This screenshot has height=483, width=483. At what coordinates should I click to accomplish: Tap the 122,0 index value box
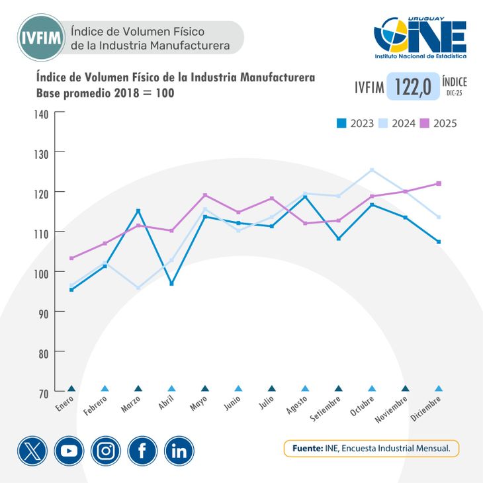tap(413, 87)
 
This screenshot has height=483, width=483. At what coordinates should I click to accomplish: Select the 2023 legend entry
tap(355, 123)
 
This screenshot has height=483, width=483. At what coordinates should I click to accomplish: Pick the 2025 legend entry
tap(439, 123)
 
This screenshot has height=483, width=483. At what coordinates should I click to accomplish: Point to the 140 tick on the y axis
tap(42, 113)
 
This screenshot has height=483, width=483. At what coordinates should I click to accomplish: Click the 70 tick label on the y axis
tap(42, 393)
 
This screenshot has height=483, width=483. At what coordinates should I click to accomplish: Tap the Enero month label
tap(65, 405)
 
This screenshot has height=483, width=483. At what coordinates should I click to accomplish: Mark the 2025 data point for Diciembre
tap(439, 183)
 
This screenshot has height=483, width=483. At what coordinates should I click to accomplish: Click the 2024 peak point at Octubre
tap(372, 170)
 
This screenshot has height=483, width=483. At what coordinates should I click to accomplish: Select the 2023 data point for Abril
tap(171, 284)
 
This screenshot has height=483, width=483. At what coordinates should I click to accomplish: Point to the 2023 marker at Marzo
tap(138, 211)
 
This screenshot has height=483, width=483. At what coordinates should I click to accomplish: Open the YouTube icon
tap(69, 451)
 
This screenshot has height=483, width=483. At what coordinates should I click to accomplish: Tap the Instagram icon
tap(106, 451)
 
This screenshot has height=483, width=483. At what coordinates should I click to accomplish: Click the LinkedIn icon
tap(179, 451)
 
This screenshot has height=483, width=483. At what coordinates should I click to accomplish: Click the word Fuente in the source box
tap(307, 449)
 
